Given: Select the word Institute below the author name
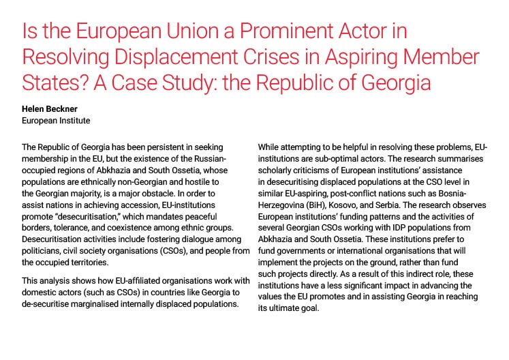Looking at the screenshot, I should point(75,121).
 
